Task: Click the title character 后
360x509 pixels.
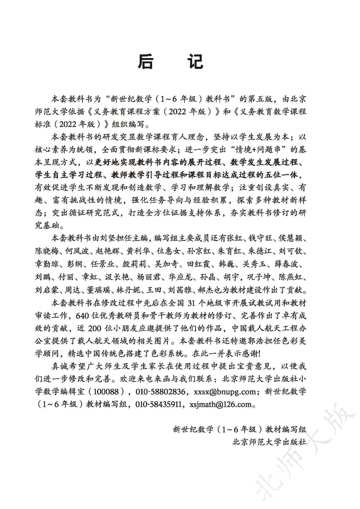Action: [x=145, y=62]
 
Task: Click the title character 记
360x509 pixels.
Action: [x=195, y=62]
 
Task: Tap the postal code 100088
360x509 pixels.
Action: [x=106, y=392]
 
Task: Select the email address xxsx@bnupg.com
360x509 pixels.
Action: [x=225, y=392]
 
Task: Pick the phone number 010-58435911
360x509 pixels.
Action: [x=158, y=404]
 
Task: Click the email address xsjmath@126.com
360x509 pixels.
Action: [x=221, y=404]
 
